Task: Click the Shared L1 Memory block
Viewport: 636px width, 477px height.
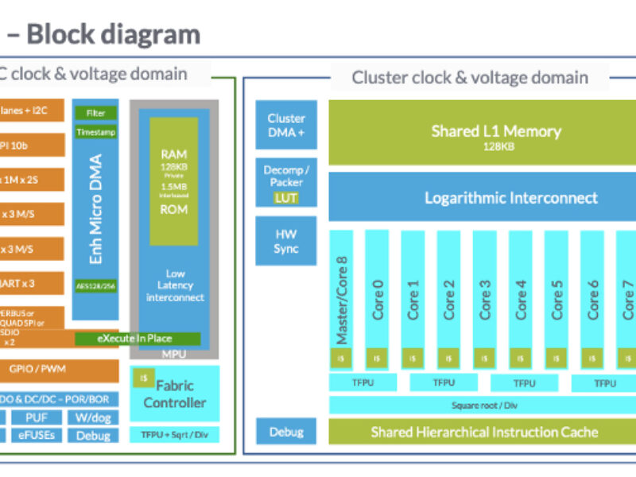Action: pos(484,135)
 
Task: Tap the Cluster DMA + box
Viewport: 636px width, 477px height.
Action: pos(286,126)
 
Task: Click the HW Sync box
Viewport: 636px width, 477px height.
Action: pos(286,242)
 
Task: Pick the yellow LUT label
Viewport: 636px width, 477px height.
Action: pos(286,196)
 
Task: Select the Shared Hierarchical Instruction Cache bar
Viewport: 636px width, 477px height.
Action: pos(484,432)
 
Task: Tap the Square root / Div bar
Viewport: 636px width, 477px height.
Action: pos(484,405)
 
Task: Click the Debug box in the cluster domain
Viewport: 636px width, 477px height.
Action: pos(286,432)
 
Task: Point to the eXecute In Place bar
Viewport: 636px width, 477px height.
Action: pos(135,339)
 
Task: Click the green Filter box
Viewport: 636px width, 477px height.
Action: pos(95,113)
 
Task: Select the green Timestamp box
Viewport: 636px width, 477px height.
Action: pos(95,133)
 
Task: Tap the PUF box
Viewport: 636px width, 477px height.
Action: pos(38,417)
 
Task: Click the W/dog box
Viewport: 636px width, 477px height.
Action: pos(93,417)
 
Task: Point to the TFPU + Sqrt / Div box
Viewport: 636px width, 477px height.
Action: pos(175,434)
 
